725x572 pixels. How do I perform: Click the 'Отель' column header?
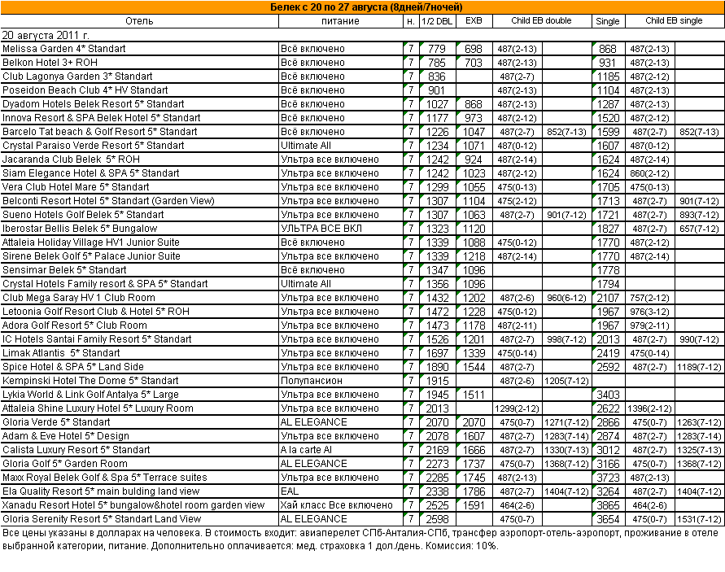[x=139, y=21]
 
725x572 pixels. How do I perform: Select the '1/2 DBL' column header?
[x=437, y=21]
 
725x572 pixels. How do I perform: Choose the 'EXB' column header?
[x=473, y=21]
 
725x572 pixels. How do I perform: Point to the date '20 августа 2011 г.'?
[x=46, y=35]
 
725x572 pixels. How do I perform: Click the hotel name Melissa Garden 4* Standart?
[x=64, y=49]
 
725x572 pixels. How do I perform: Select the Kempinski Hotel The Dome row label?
[x=90, y=381]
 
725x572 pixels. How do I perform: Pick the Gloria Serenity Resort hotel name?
[x=102, y=519]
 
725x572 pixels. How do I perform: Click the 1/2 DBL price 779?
[x=437, y=49]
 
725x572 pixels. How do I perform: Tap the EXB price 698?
[x=473, y=49]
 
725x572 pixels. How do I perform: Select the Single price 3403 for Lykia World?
[x=608, y=395]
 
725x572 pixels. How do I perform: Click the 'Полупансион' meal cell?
[x=312, y=381]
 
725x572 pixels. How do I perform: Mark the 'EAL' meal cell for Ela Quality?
[x=290, y=491]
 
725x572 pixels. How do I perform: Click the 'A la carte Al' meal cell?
[x=306, y=450]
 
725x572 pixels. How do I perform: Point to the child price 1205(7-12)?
[x=566, y=381]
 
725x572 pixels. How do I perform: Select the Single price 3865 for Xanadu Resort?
[x=608, y=505]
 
